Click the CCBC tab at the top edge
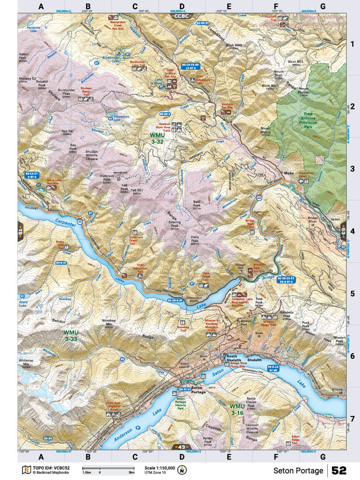pyautogui.click(x=181, y=16)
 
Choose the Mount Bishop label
pyautogui.click(x=269, y=131)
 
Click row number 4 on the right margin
pyautogui.click(x=352, y=231)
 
